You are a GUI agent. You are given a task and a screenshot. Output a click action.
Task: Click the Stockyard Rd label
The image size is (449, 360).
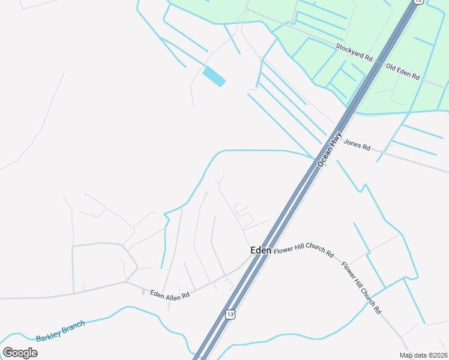coord(354,52)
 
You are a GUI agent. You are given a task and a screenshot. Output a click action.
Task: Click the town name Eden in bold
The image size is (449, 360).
coord(261,250)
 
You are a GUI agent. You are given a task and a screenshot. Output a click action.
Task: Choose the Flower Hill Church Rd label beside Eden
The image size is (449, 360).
coord(304,249)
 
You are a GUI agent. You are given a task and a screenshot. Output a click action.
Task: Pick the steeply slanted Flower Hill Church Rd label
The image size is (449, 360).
coord(361,288)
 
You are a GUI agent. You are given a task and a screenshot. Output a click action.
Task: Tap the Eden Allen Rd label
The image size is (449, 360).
coord(170,295)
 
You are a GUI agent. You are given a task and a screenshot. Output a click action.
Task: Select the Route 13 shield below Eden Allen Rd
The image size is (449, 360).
coord(231,314)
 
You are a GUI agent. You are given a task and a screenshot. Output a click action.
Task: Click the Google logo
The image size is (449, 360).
coord(20,353)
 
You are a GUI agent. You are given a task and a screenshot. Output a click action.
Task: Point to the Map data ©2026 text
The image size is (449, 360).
coord(423,355)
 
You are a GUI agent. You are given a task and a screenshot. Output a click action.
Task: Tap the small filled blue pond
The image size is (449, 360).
coord(214,77)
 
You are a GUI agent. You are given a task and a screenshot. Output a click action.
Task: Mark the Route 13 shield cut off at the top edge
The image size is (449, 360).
coord(418,2)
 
